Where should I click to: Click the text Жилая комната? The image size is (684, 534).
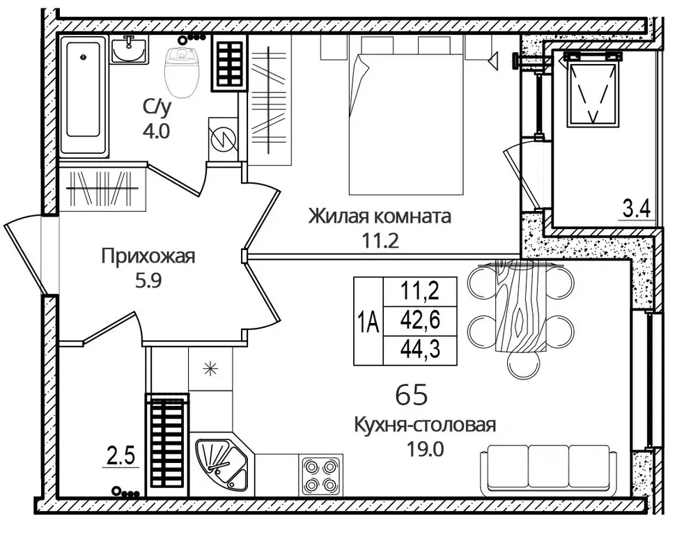380,217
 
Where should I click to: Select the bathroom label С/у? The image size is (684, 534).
156,107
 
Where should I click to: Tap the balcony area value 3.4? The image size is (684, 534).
635,208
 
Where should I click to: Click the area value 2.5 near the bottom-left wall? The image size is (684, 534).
121,459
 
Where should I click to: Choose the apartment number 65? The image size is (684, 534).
411,394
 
